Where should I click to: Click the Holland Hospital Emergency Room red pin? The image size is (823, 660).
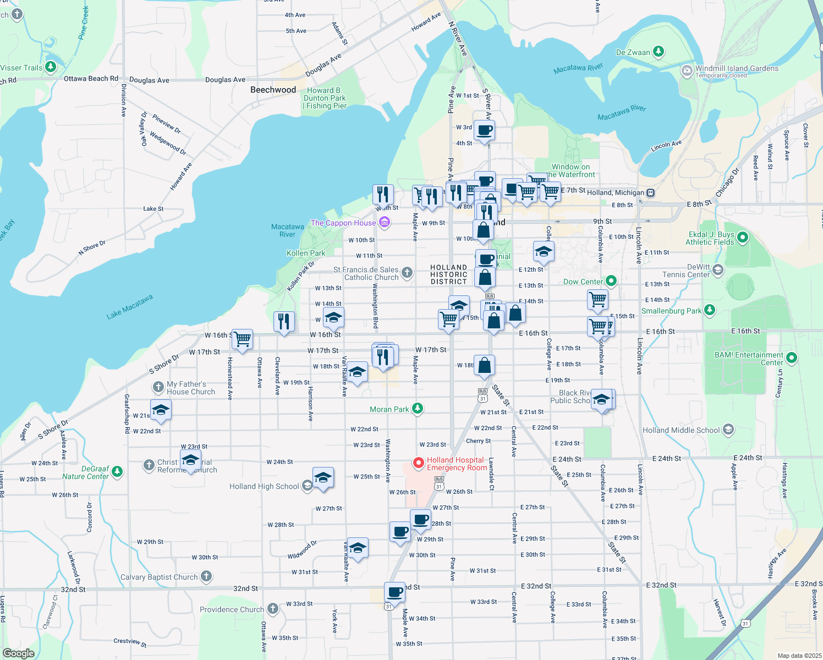[x=418, y=464]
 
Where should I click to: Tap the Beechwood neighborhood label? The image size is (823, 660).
[x=273, y=90]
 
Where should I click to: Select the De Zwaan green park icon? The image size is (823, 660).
[x=658, y=52]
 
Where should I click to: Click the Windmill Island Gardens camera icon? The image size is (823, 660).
[x=687, y=70]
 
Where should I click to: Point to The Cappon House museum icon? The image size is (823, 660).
[x=385, y=223]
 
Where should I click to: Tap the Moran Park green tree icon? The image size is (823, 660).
[x=418, y=409]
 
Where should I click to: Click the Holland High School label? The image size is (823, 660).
[x=264, y=486]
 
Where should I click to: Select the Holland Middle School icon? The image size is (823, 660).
[x=728, y=430]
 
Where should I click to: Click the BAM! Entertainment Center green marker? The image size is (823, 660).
[x=792, y=358]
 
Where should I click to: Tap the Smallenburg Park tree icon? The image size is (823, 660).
[x=710, y=310]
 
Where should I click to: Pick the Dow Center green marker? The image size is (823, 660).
[x=611, y=281]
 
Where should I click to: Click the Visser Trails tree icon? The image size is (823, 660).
[x=51, y=67]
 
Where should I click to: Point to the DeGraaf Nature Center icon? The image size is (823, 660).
[x=117, y=472]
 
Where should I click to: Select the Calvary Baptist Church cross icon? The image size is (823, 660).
[x=206, y=576]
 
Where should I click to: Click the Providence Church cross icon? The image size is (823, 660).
[x=273, y=609]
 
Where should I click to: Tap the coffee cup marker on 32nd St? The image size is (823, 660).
[x=394, y=592]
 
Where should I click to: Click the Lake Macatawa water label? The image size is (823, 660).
[x=129, y=307]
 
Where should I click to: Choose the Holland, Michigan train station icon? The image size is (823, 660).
[x=650, y=193]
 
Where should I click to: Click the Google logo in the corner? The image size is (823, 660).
[x=18, y=653]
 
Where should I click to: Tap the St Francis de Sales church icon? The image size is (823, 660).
[x=407, y=272]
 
